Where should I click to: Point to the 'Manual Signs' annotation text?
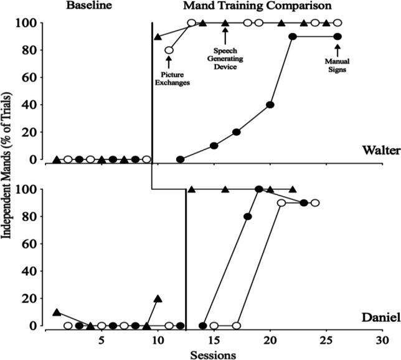(x=337, y=65)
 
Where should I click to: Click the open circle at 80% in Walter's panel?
(x=169, y=50)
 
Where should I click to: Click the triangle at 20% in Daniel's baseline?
(x=158, y=299)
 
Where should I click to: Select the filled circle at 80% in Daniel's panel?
(x=248, y=217)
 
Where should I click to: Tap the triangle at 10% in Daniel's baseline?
(x=57, y=312)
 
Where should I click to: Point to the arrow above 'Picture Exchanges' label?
(x=169, y=63)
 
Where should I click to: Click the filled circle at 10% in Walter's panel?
(x=214, y=146)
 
